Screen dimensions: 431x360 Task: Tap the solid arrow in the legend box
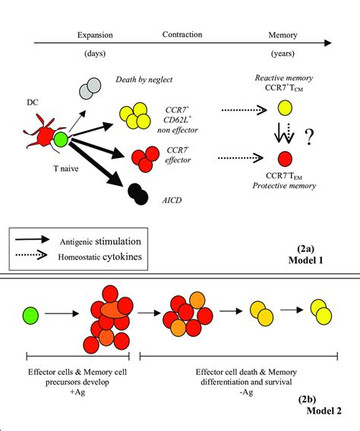click(x=37, y=242)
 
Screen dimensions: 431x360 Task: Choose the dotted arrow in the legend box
click(x=37, y=261)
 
